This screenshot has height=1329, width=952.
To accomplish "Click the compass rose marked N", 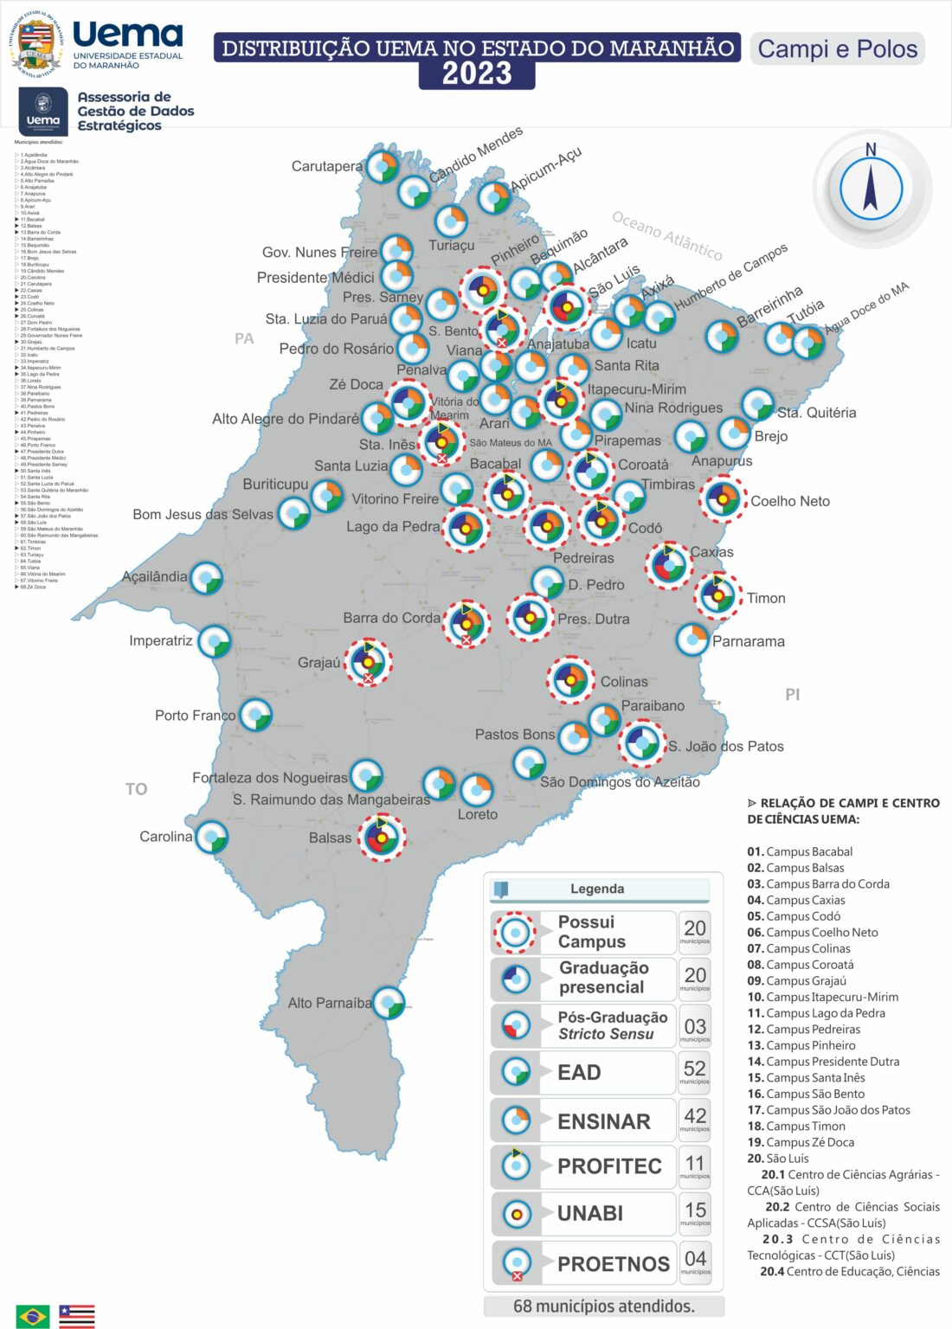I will [x=871, y=189].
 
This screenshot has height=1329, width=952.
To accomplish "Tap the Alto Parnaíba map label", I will [x=329, y=1003].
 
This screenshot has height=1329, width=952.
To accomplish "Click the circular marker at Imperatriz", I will [x=214, y=642].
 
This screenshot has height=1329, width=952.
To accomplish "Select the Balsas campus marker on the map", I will [x=382, y=837].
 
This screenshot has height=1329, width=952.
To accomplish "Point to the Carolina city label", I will [x=166, y=837].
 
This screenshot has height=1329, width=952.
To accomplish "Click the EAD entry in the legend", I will [x=579, y=1073].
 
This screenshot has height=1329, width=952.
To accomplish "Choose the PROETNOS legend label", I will [x=613, y=1264].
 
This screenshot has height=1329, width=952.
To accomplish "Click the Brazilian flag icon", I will [x=33, y=1315].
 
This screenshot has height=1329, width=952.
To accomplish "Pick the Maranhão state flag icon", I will [x=76, y=1315].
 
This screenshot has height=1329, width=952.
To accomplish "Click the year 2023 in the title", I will [x=477, y=74].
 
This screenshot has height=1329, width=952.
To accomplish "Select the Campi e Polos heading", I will [x=837, y=48].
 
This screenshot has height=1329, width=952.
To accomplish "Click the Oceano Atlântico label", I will [x=666, y=235].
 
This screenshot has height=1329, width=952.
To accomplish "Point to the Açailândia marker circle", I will [x=206, y=579].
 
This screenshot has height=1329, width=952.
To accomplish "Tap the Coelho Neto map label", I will [x=789, y=501].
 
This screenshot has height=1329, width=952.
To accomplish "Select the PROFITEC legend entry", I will [x=608, y=1166].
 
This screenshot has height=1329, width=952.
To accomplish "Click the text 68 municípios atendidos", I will [x=603, y=1306].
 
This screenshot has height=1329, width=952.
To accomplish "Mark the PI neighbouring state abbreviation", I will [x=792, y=695].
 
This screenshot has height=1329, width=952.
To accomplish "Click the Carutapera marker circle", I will [x=382, y=165].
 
